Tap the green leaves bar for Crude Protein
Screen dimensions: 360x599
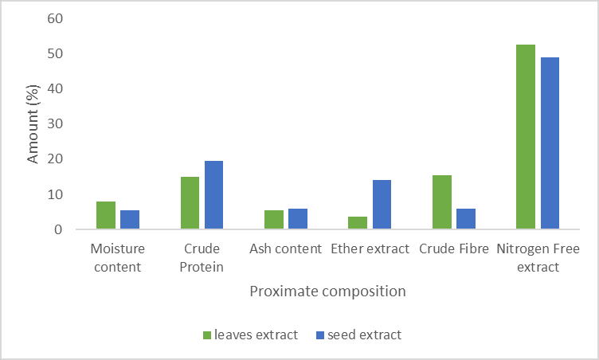190,203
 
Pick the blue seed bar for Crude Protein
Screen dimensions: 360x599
213,195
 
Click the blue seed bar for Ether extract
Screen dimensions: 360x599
382,205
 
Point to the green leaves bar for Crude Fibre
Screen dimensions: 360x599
442,202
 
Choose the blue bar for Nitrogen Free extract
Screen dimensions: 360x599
550,143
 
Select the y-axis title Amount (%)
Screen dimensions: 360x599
33,124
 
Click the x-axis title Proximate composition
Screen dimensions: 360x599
327,292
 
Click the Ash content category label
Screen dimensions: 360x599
285,249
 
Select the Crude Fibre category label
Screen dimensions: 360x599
453,249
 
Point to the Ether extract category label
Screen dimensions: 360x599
370,249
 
